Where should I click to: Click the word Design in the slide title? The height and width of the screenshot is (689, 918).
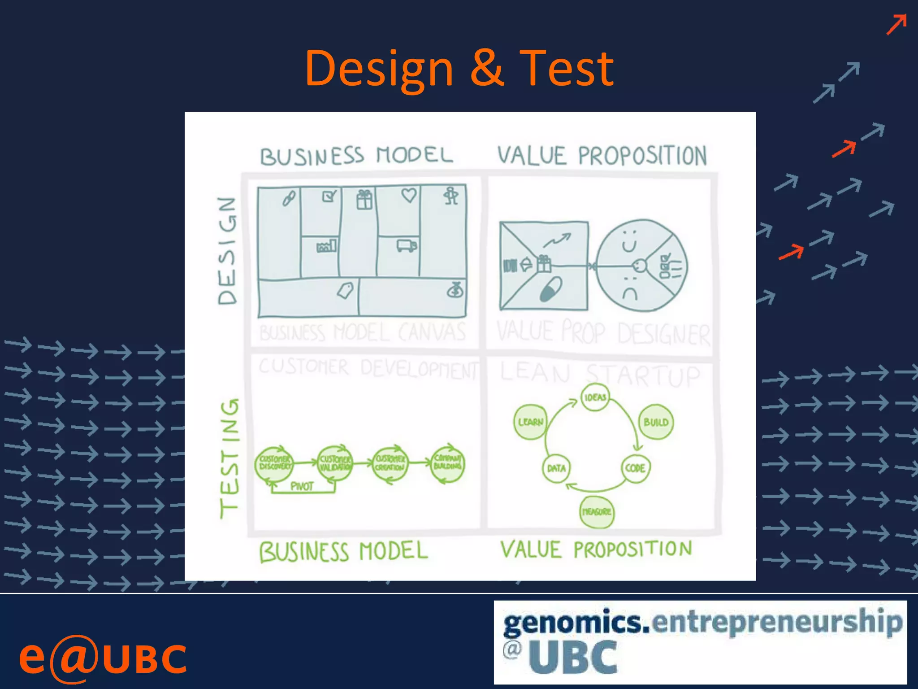click(379, 70)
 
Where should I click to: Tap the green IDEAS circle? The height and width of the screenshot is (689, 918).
click(595, 397)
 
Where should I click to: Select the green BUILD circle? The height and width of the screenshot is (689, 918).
click(656, 422)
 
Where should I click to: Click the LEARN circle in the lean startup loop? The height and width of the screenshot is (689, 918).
click(530, 422)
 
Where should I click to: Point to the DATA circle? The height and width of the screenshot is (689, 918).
click(556, 468)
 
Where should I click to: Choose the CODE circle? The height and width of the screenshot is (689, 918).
click(635, 468)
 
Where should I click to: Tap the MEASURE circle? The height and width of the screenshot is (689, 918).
click(597, 512)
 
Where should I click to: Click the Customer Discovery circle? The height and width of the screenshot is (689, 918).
click(274, 463)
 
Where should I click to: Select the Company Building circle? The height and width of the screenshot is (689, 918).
click(447, 462)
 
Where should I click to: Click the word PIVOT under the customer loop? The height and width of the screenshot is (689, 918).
click(302, 486)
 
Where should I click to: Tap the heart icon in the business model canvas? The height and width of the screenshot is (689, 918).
click(409, 195)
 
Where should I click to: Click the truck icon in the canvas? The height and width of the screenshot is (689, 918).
click(406, 245)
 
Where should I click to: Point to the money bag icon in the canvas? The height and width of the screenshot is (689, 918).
click(455, 291)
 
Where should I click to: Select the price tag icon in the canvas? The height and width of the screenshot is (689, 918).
click(345, 291)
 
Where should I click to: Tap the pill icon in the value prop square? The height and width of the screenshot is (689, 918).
click(550, 289)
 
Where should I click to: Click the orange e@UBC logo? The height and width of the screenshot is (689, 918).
click(102, 658)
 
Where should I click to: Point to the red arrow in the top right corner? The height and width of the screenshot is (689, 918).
click(896, 24)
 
